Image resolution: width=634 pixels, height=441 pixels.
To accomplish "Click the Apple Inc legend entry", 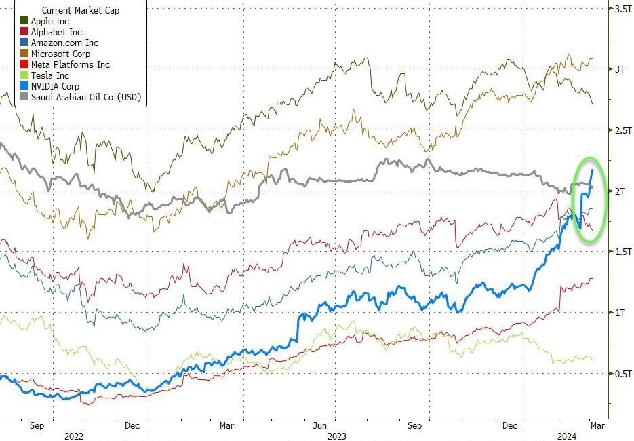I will [x=49, y=21].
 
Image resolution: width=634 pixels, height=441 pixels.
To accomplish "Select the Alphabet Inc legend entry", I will [x=56, y=32].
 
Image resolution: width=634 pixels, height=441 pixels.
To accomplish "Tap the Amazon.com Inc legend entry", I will [x=64, y=43].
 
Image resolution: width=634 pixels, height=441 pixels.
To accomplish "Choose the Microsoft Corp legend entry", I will [x=60, y=54].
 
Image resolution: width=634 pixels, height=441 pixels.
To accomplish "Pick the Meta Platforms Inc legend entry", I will [x=70, y=64].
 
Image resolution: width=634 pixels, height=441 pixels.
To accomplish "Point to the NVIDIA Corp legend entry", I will [x=55, y=86].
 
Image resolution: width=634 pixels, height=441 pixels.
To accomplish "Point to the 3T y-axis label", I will [x=620, y=69].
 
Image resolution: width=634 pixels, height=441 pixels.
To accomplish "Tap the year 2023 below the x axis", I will [x=337, y=436].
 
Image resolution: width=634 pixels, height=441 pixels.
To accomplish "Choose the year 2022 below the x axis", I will [x=74, y=436].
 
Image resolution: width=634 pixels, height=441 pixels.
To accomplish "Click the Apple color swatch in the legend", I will [x=24, y=21].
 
